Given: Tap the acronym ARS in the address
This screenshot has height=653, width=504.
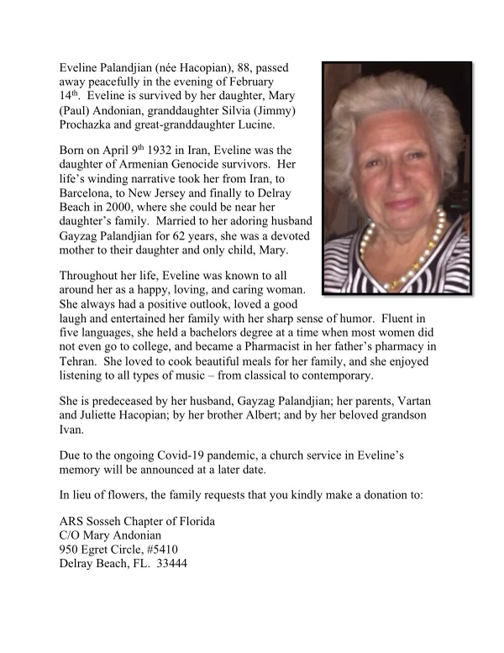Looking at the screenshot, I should coord(72,521).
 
